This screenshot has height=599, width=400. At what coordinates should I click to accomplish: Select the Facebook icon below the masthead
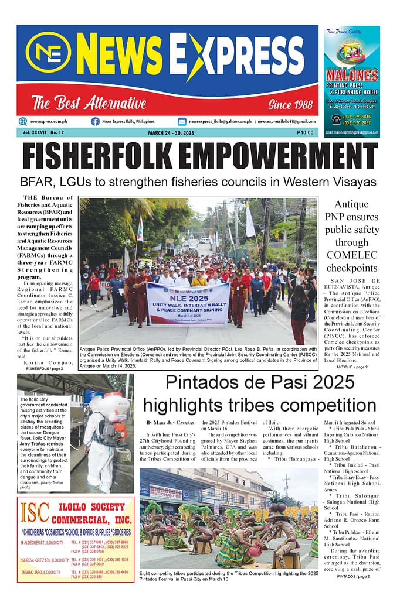point(95,121)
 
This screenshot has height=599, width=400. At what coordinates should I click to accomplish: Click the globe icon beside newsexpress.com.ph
point(23,121)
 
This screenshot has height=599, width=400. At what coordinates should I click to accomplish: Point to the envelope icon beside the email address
point(182,121)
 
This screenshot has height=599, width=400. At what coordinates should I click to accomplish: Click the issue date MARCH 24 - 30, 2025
point(171,133)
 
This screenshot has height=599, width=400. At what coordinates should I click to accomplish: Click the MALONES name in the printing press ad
point(352,76)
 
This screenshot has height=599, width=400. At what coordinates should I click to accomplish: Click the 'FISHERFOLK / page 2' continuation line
point(46,369)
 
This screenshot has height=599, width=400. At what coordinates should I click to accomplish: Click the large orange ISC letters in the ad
point(33,512)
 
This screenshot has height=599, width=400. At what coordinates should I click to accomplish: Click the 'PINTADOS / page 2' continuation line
point(353,576)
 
